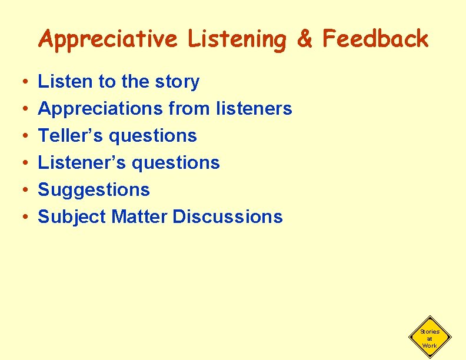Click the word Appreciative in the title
click(107, 39)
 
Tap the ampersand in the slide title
click(305, 39)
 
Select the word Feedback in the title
click(375, 39)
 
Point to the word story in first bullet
click(176, 82)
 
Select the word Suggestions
click(94, 190)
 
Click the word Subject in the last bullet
click(72, 216)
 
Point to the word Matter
click(139, 216)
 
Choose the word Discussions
click(228, 216)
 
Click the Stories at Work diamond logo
click(430, 338)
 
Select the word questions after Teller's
click(154, 136)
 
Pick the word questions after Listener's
click(176, 163)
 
